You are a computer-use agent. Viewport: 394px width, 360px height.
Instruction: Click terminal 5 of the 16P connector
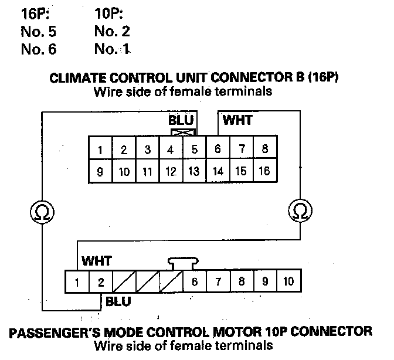pos(195,150)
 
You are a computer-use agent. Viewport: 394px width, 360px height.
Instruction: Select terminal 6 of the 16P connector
pos(218,150)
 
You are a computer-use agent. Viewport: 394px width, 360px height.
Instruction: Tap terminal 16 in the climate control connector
pos(264,171)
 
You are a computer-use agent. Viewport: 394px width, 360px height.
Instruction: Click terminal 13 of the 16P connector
pos(195,171)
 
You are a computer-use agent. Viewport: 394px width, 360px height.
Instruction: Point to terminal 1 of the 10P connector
pos(77,282)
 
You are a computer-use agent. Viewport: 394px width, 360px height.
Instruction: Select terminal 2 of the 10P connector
pos(100,282)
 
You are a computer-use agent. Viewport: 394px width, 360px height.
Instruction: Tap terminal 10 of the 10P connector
pos(288,282)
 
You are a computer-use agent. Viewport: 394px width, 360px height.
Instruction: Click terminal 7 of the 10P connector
pos(218,282)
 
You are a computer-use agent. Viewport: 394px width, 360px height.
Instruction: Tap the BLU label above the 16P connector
pos(181,120)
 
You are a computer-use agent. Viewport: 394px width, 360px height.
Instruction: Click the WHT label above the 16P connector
pos(237,120)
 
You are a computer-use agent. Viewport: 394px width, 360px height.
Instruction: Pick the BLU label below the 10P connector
pos(118,301)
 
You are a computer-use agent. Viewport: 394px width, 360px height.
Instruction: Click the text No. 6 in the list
pos(38,49)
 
